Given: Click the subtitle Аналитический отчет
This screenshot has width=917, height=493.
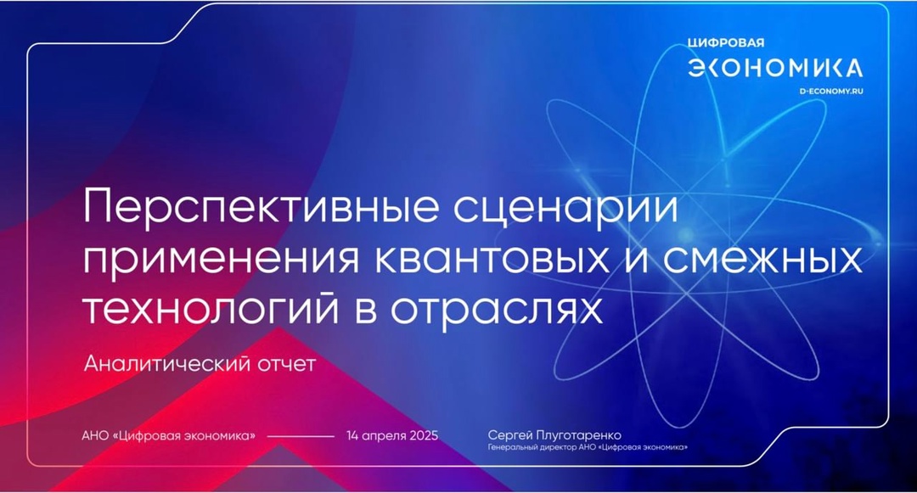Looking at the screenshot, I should pyautogui.click(x=200, y=365).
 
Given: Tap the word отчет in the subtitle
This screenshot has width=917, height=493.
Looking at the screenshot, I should pyautogui.click(x=284, y=365).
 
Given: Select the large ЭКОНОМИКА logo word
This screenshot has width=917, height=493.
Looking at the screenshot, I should pyautogui.click(x=774, y=68).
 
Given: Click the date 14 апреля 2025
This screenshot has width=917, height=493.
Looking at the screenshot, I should pyautogui.click(x=391, y=436).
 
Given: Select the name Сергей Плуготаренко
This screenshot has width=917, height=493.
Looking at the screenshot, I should pyautogui.click(x=560, y=435).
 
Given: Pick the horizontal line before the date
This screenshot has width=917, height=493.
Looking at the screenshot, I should pyautogui.click(x=301, y=436).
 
